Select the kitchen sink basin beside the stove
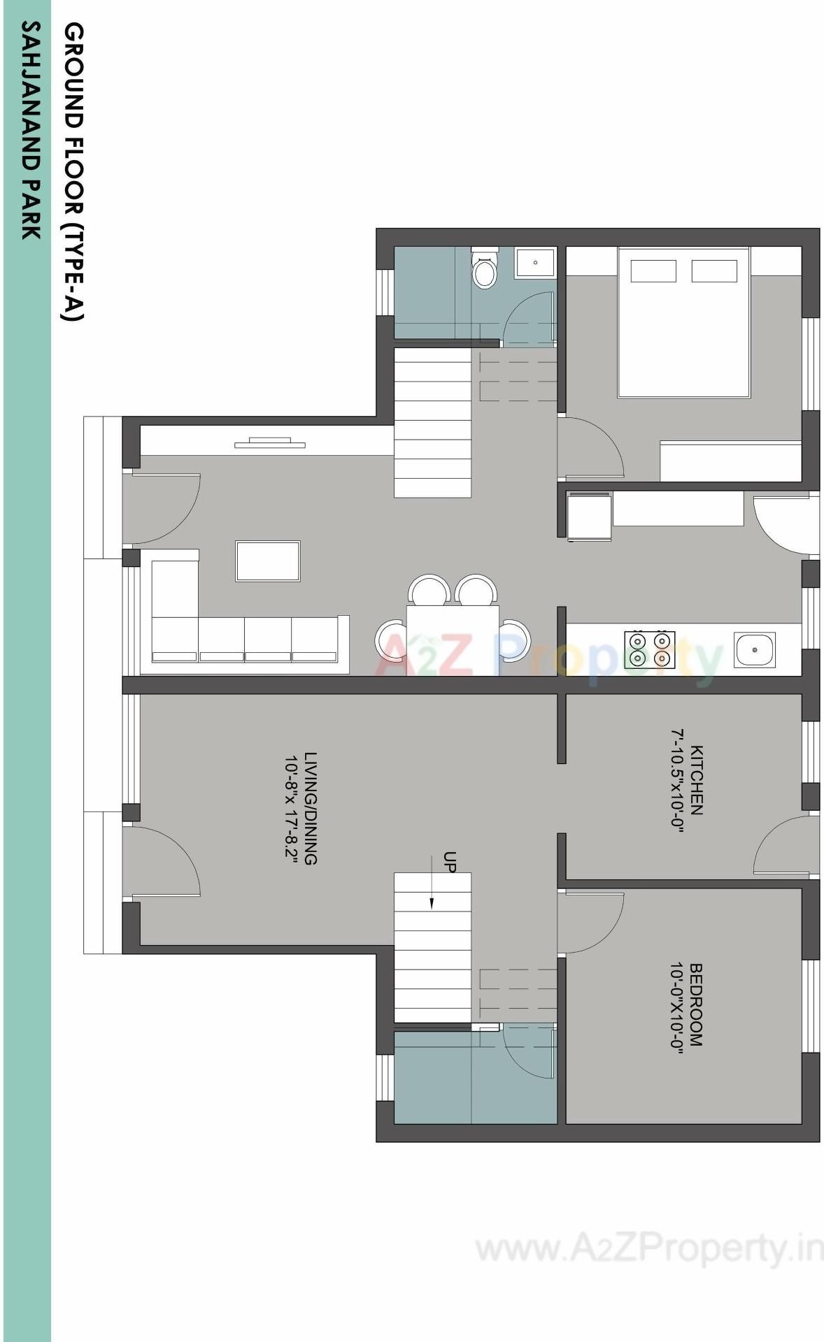click(755, 650)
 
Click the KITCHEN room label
click(697, 780)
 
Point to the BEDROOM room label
click(695, 1005)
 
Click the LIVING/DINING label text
click(311, 808)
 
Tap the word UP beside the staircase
click(450, 863)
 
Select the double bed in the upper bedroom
click(683, 322)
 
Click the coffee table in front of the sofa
click(268, 561)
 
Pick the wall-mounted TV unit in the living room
click(270, 442)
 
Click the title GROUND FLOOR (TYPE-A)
click(73, 171)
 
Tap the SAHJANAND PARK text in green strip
click(30, 129)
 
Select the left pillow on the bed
click(653, 271)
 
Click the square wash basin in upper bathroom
click(535, 263)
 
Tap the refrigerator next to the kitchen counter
click(589, 516)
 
